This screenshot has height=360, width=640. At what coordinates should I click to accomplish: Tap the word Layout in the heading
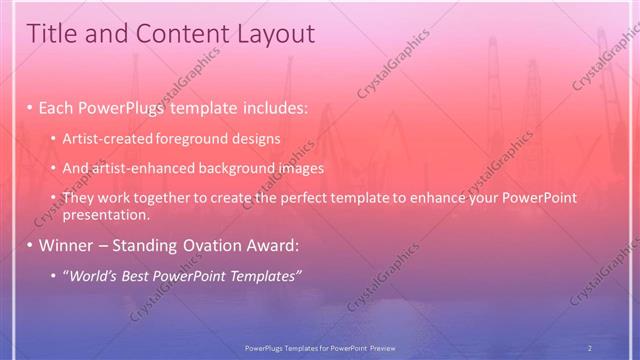[x=272, y=34]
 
